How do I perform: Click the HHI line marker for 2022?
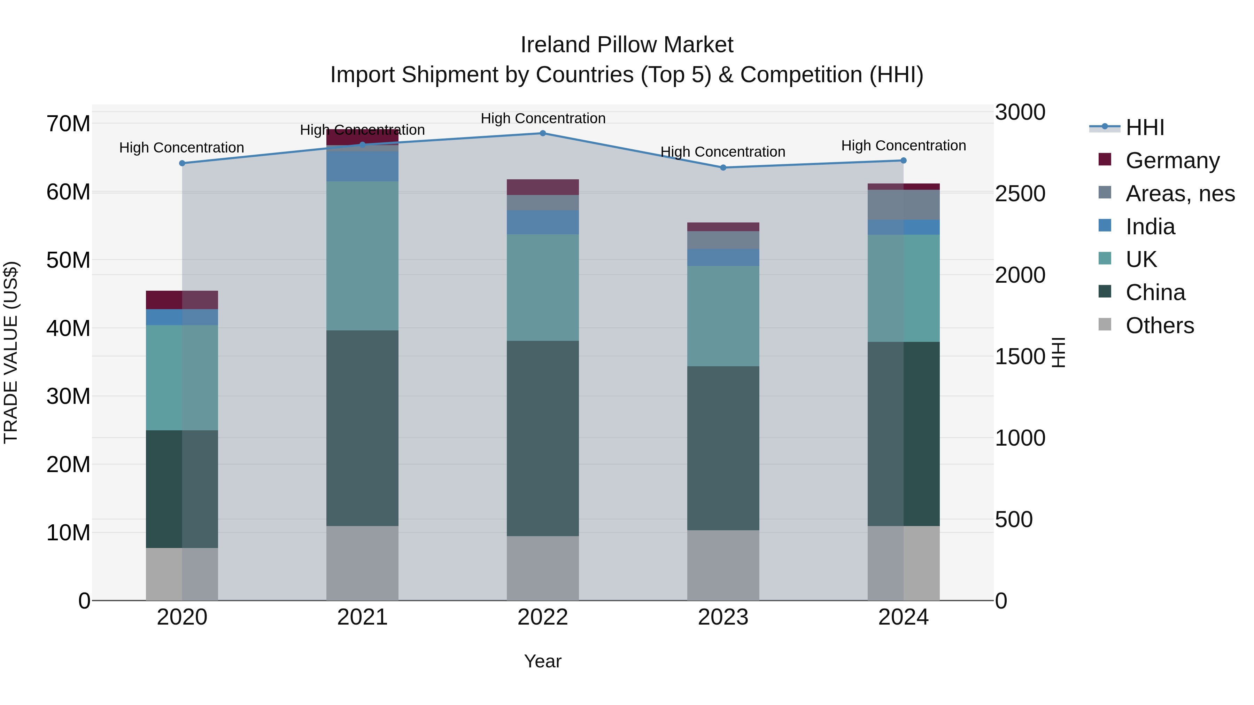point(543,133)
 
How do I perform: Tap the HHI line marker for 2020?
point(182,164)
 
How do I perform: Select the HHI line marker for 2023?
point(723,168)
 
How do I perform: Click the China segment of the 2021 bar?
point(362,428)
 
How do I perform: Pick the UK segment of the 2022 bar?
point(543,288)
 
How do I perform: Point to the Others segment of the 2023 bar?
point(723,565)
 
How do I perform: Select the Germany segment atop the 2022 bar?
point(543,187)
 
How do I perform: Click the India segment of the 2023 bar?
point(723,257)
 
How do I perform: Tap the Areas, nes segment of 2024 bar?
point(904,205)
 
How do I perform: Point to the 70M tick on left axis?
point(68,124)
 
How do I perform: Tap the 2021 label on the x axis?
point(362,617)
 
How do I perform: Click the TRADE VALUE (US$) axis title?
point(11,352)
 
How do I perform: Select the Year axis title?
point(542,661)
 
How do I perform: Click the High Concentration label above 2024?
point(904,146)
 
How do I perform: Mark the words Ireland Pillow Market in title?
point(627,45)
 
